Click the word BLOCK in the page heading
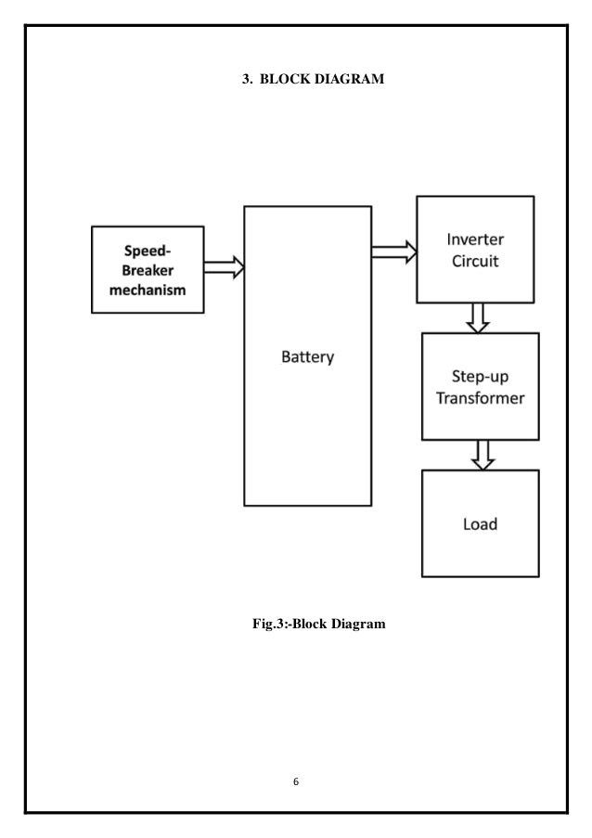284,81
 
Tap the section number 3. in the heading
248,81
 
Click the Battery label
307,357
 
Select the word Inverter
474,239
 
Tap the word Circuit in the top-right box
474,261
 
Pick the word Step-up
479,378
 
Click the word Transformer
479,400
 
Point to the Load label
480,524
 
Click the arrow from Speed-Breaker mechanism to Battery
224,268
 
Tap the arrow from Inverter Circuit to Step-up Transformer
478,317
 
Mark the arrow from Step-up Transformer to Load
482,455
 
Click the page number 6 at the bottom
295,781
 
